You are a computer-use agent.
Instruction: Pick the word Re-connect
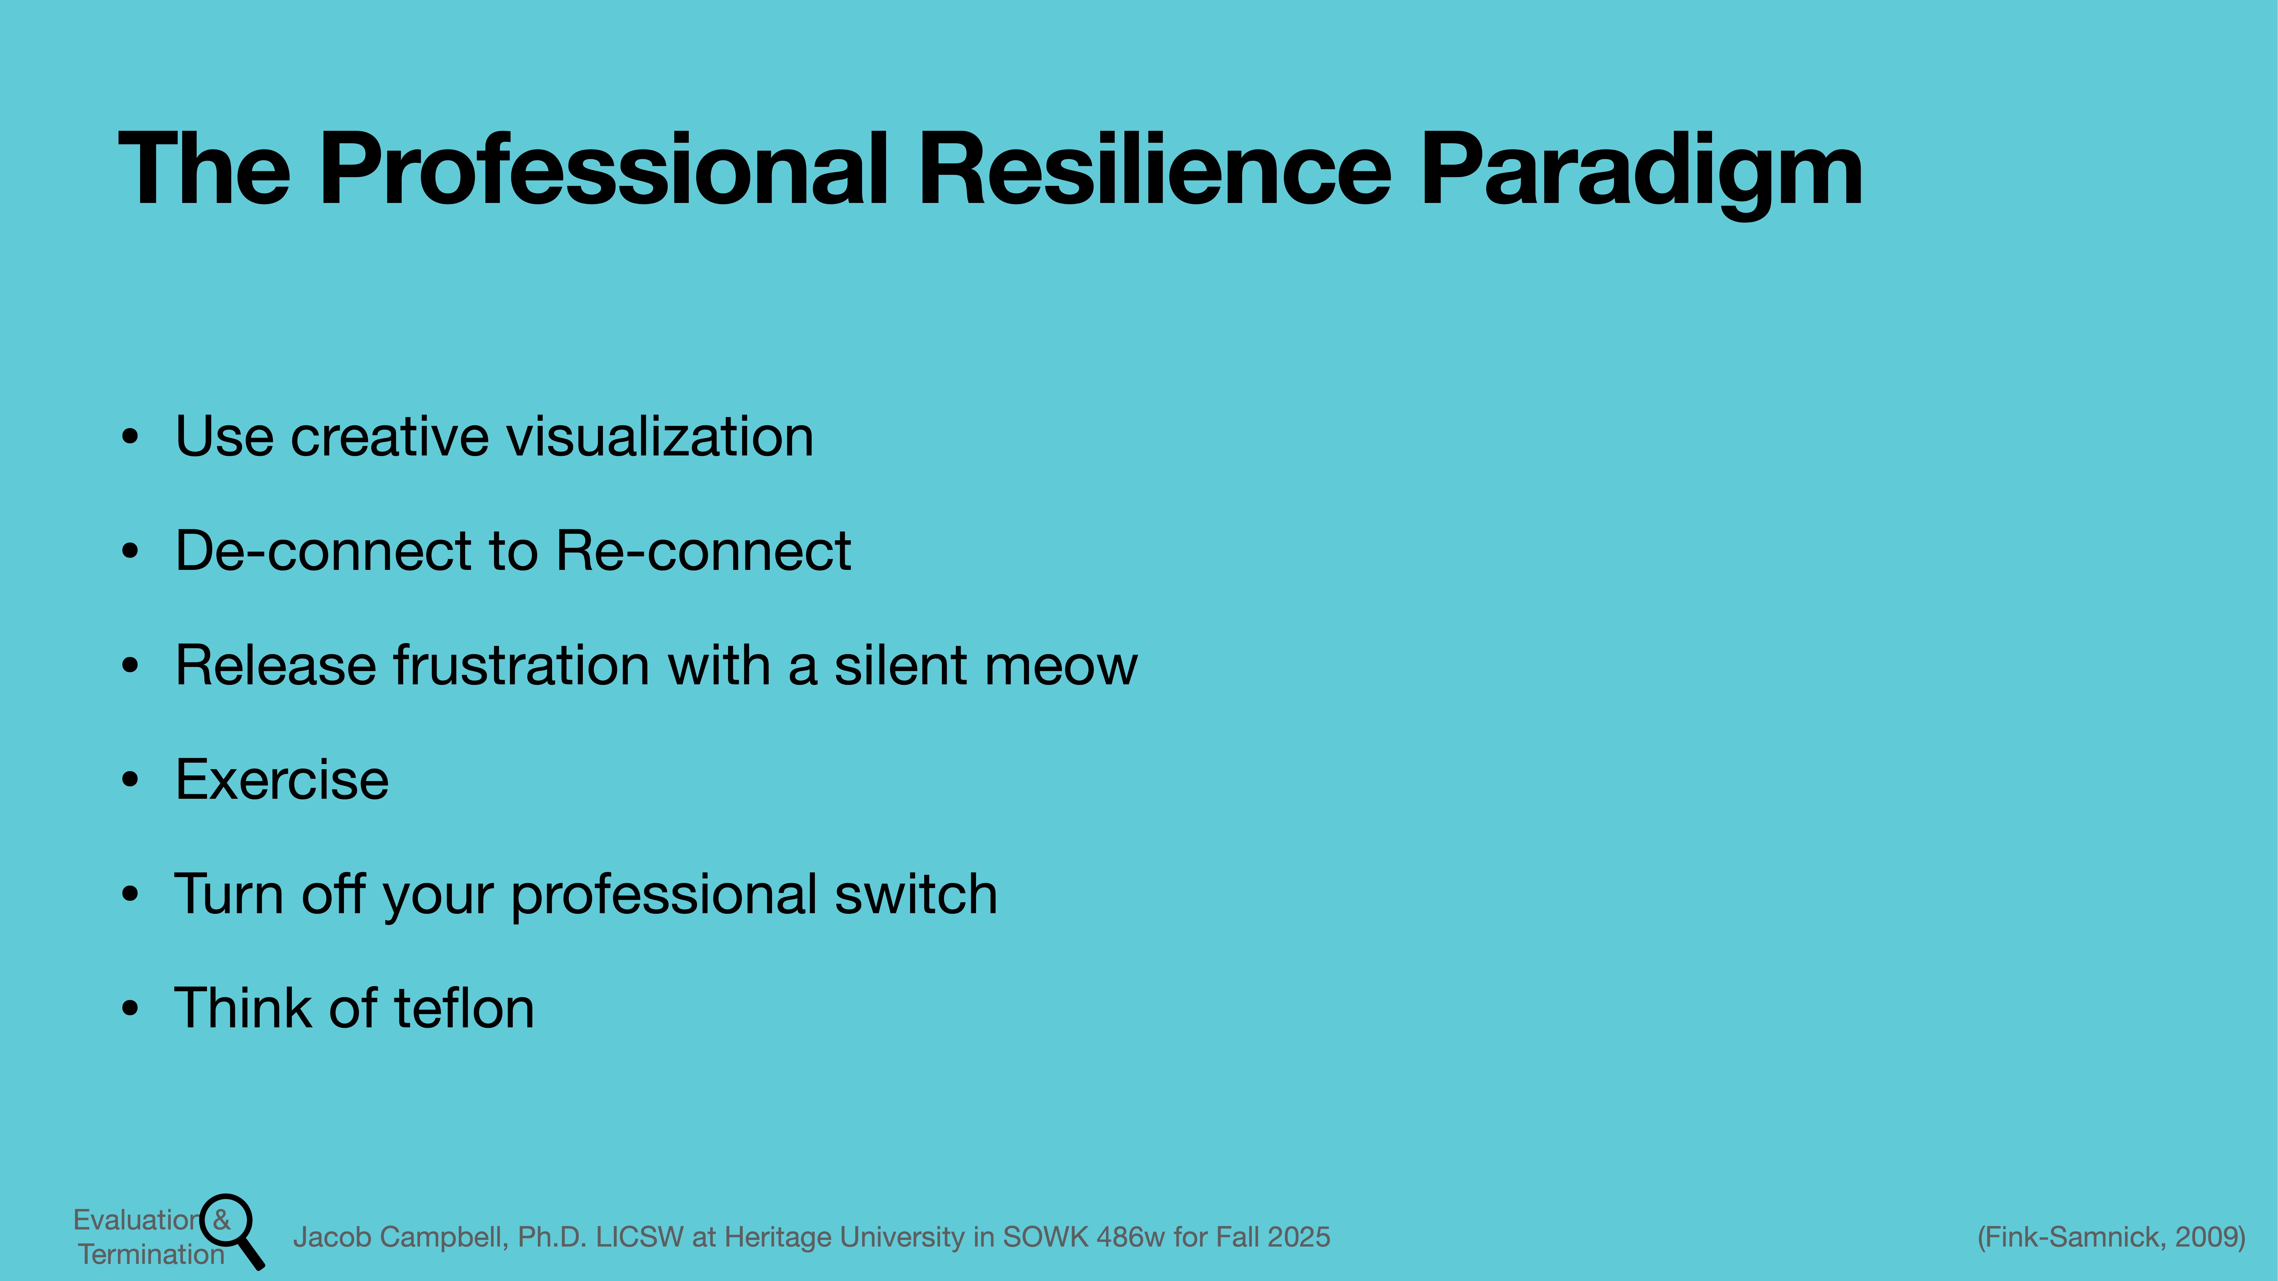pos(703,551)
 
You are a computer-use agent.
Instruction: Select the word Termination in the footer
pos(151,1255)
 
